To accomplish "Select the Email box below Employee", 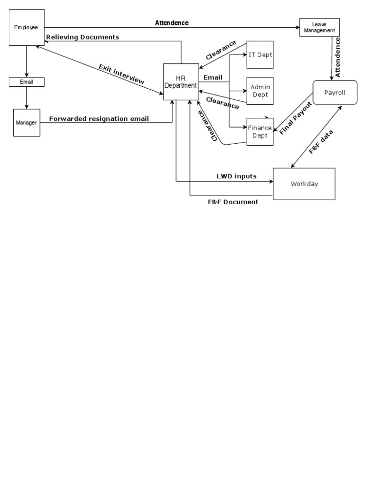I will tap(26, 82).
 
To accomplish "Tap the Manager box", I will tap(26, 123).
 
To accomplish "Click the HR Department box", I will tap(181, 82).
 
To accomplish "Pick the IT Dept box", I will tap(260, 55).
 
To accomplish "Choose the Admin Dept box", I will tap(260, 91).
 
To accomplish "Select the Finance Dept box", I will tap(260, 132).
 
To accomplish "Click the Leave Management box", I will tap(319, 27).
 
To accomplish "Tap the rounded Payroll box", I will tap(334, 92).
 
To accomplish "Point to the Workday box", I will tap(304, 184).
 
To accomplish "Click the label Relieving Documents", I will tap(83, 37).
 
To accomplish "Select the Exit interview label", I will tap(122, 74).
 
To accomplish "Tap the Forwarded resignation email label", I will tap(99, 119).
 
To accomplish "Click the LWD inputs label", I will tap(236, 176).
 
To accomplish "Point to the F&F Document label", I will tap(232, 202).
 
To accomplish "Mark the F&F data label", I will tap(321, 141).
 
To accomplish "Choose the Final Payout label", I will tap(295, 118).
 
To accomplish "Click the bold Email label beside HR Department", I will tap(213, 77).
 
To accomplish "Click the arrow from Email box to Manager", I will tap(26, 97).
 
